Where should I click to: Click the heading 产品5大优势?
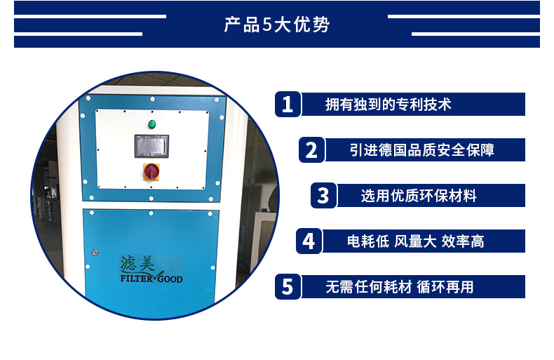277,25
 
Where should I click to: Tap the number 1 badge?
288,105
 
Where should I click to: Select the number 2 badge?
311,150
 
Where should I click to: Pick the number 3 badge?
323,196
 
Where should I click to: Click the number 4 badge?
309,241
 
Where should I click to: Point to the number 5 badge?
288,287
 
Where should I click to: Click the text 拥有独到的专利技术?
389,105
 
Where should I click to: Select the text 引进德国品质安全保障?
422,150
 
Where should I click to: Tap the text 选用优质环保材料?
419,196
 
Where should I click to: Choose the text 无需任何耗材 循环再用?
400,287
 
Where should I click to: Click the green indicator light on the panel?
152,124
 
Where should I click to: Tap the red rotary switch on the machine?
151,171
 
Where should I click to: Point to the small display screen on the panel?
151,146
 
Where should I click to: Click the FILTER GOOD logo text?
151,279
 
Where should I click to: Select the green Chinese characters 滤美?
137,264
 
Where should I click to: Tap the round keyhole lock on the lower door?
95,253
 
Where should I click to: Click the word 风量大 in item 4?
415,241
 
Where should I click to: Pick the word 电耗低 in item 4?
368,241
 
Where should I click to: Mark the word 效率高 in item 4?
463,241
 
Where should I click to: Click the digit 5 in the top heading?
266,25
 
